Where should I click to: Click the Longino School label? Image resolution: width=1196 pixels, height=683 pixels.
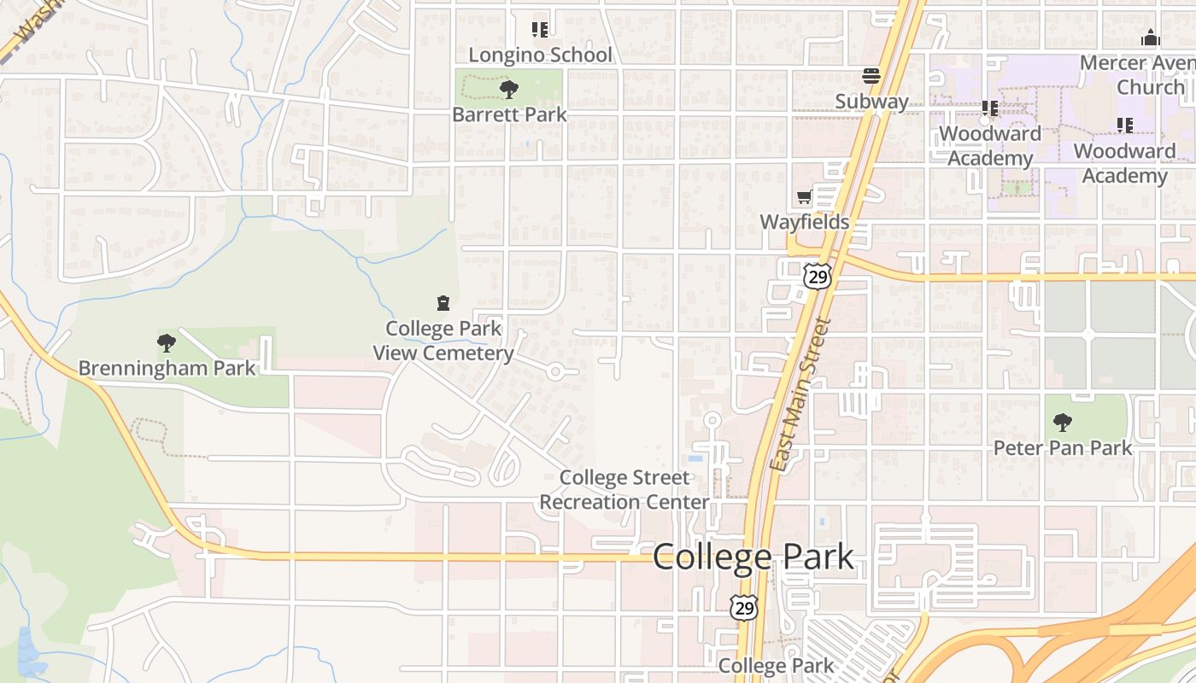click(540, 55)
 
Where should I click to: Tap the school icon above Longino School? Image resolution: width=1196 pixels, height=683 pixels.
click(540, 30)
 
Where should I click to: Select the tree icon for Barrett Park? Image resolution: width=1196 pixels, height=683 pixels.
click(508, 89)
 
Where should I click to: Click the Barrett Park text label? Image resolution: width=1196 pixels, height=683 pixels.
click(509, 114)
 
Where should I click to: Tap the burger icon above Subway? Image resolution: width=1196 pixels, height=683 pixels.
click(871, 76)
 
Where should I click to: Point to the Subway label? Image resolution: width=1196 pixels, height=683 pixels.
click(871, 102)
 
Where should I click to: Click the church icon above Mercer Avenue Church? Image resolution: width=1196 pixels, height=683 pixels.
click(1151, 38)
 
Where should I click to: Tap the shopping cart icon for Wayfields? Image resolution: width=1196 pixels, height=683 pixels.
click(804, 198)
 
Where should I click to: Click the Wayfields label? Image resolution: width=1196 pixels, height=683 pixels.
click(805, 222)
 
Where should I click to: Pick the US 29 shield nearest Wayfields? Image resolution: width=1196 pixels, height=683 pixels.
click(818, 276)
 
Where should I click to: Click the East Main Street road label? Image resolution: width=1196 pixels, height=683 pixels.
click(800, 394)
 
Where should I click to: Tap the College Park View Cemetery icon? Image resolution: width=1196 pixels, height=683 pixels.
click(443, 303)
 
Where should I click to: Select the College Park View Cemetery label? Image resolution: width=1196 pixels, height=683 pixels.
click(443, 341)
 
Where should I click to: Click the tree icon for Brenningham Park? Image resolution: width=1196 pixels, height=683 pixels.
click(167, 343)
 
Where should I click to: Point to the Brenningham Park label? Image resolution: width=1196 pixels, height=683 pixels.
click(167, 369)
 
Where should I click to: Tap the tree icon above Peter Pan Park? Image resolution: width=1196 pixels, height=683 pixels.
click(1063, 422)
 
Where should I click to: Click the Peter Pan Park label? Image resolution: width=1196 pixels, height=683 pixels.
click(1063, 447)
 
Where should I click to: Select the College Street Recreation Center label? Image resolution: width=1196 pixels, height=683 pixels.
click(624, 490)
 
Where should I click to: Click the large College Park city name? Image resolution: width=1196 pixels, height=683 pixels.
click(753, 557)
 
